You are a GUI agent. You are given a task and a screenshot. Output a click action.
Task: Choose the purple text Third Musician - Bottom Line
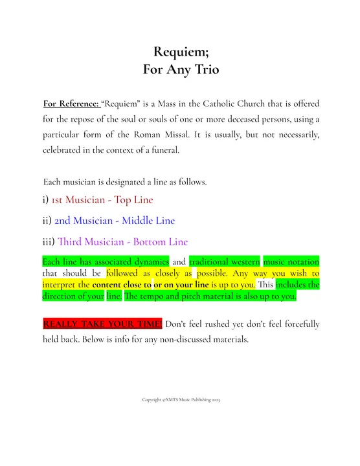click(x=122, y=242)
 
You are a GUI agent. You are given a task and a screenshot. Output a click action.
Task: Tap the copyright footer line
click(x=181, y=400)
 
